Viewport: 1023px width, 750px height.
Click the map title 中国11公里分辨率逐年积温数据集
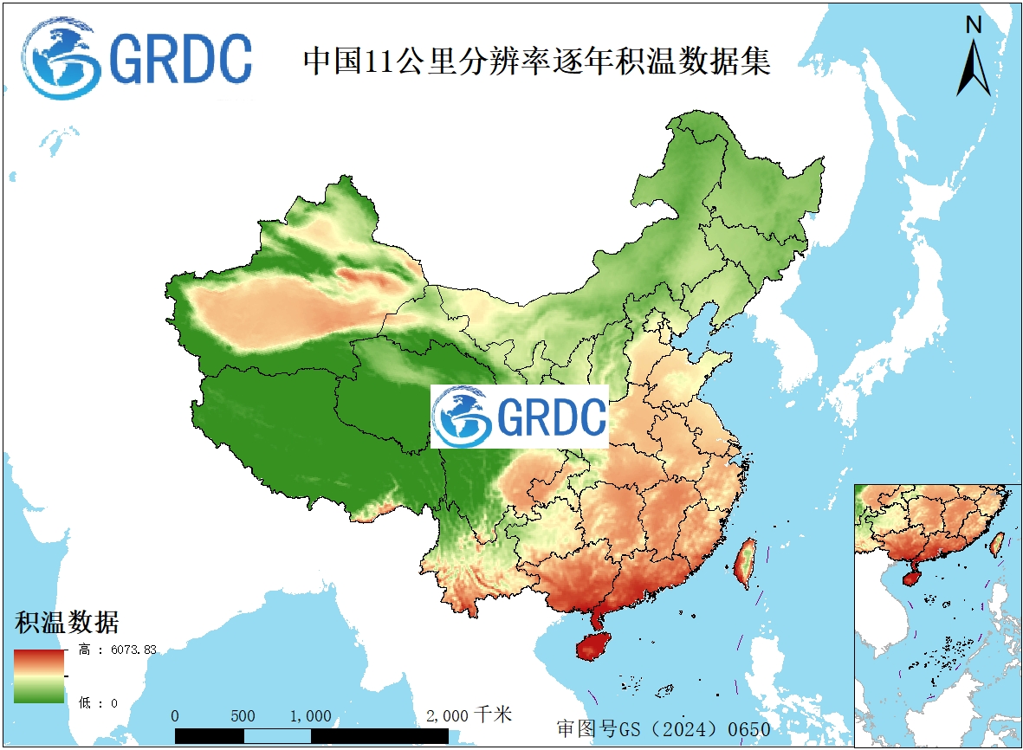tap(536, 61)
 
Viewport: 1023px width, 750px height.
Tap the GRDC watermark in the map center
tap(520, 417)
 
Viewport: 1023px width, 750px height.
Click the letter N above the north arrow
tap(974, 26)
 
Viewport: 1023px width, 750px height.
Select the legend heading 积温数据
tap(67, 621)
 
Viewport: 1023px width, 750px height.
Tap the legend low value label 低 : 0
tap(98, 702)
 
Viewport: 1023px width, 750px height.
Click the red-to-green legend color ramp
tap(38, 676)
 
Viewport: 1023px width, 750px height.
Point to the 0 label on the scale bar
tap(176, 716)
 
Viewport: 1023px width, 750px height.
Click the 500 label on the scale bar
tap(243, 716)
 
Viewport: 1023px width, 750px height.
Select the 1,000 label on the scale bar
tap(311, 716)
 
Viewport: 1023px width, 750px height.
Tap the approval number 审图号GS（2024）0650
tap(663, 728)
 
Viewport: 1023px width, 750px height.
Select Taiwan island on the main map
tap(744, 562)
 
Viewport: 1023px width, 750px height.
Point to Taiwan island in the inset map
tap(997, 543)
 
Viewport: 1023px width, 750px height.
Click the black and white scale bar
tap(311, 735)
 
